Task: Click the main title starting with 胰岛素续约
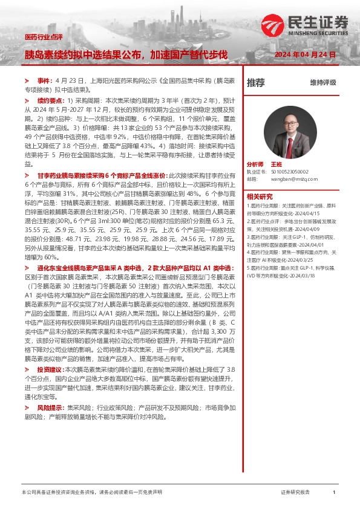pos(125,54)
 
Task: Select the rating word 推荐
pos(256,83)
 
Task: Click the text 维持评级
pos(323,83)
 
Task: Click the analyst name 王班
pos(277,164)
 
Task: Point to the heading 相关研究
pos(259,196)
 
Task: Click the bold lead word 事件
pos(45,80)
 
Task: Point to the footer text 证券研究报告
pos(295,493)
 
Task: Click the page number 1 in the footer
pos(334,493)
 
